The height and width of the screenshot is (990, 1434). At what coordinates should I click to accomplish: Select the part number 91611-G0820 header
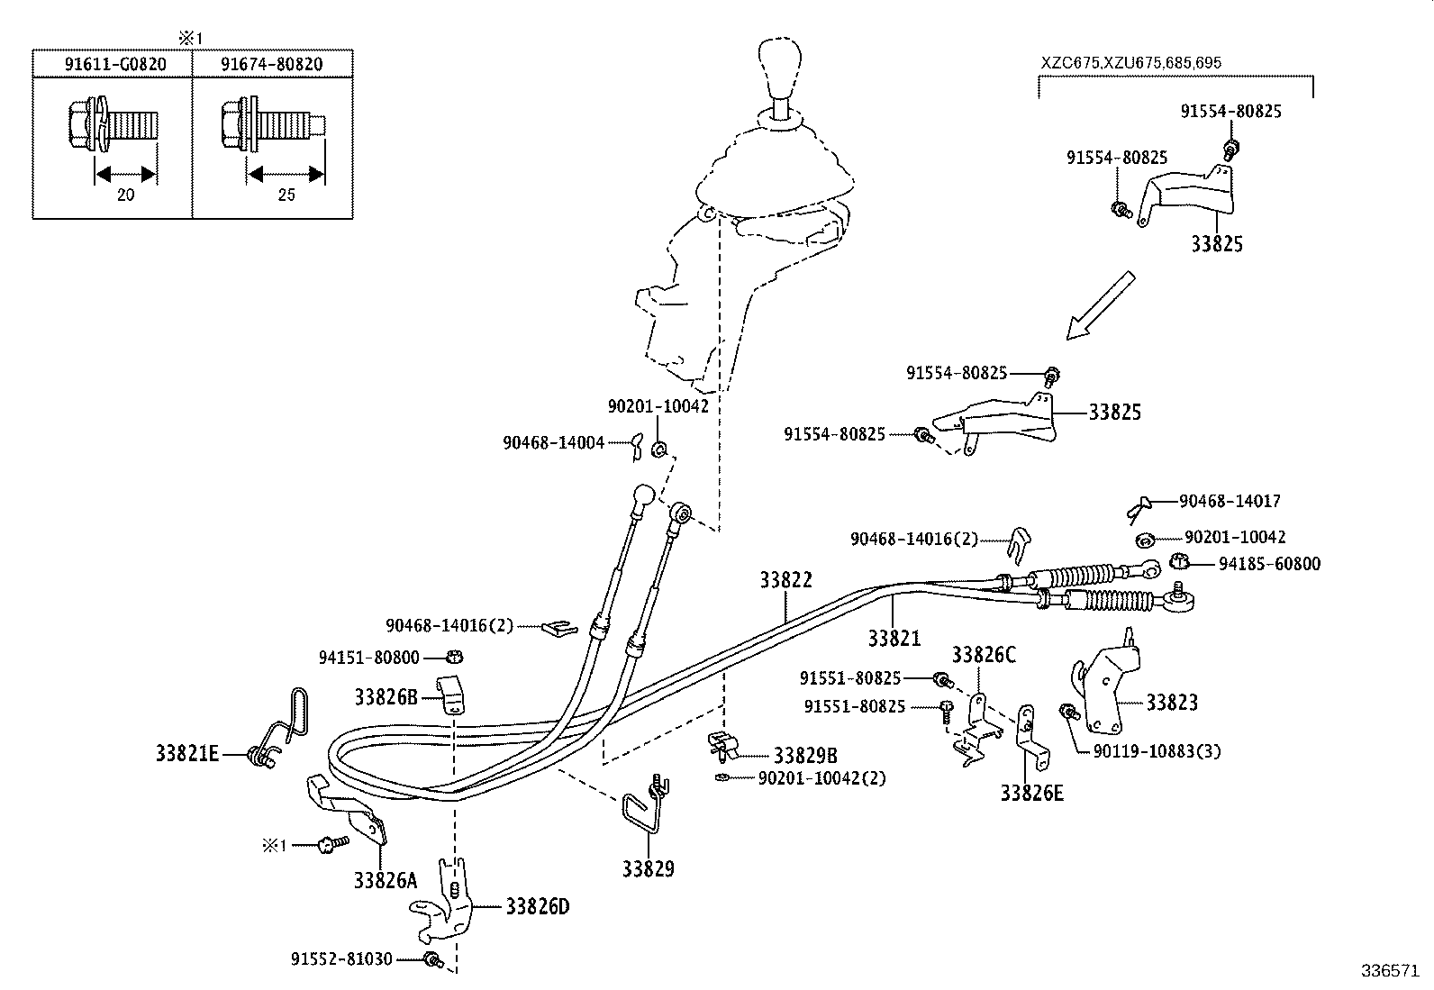[x=113, y=65]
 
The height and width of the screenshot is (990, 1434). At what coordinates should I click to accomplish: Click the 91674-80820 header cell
[x=272, y=65]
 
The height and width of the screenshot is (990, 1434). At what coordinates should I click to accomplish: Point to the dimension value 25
[x=286, y=195]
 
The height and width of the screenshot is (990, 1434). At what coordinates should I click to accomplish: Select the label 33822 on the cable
[x=785, y=581]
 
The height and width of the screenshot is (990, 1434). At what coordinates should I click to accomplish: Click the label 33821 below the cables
[x=894, y=639]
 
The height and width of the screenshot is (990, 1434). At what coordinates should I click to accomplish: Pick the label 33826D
[x=537, y=906]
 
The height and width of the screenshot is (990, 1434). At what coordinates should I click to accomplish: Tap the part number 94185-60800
[x=1269, y=565]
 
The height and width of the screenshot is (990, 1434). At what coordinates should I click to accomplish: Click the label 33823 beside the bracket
[x=1172, y=703]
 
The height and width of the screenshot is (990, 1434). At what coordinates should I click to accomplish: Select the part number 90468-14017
[x=1230, y=502]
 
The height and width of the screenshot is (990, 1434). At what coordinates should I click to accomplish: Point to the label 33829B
[x=805, y=756]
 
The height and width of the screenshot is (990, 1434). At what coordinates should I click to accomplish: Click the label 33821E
[x=187, y=754]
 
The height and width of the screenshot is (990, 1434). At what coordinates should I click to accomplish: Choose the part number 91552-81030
[x=341, y=960]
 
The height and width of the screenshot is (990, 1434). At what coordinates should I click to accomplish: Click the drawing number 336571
[x=1389, y=972]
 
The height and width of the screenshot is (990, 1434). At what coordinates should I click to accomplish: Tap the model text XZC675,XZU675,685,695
[x=1131, y=63]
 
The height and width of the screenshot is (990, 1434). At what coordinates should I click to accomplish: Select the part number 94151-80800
[x=369, y=658]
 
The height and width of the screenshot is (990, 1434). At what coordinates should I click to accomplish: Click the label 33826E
[x=1031, y=794]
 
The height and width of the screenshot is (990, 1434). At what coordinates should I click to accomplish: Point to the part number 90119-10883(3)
[x=1157, y=751]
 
